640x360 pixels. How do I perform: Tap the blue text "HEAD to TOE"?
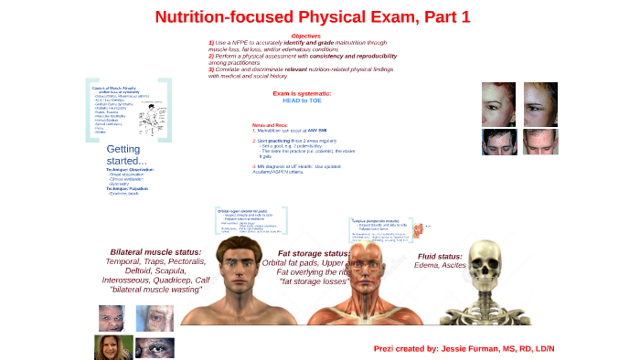click(302, 101)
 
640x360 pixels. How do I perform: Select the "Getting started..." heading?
click(127, 154)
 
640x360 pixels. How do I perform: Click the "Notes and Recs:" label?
click(271, 124)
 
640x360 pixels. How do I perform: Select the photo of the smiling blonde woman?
click(106, 347)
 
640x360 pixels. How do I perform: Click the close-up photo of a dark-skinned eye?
click(154, 347)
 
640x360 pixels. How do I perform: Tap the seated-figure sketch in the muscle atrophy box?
click(147, 119)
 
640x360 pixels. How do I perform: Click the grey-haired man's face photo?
click(154, 318)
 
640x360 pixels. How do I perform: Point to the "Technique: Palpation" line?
click(128, 188)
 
